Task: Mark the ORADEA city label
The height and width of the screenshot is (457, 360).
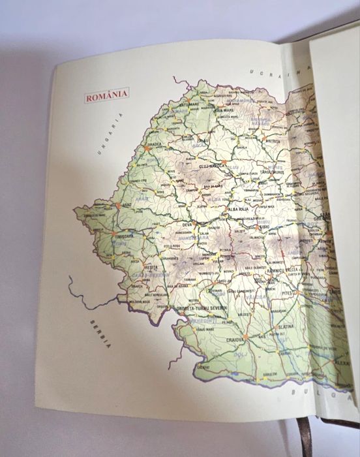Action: [x=154, y=145]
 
